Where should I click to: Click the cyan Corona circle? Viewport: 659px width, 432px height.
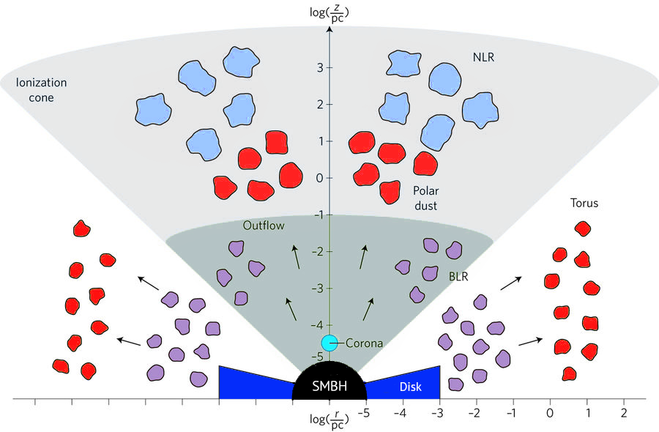(x=329, y=342)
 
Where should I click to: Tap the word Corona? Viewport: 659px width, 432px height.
(x=364, y=342)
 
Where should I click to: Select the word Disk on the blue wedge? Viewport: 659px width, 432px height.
(x=410, y=386)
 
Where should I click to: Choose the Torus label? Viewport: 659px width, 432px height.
(x=584, y=203)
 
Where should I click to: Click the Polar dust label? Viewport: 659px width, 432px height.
(x=424, y=198)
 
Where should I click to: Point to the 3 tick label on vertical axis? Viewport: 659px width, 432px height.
(x=320, y=67)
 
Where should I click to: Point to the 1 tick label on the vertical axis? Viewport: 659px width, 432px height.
(x=320, y=141)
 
